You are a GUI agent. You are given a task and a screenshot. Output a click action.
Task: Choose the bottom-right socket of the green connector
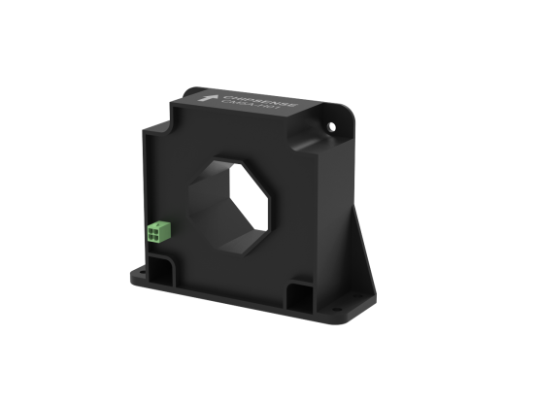[160, 235]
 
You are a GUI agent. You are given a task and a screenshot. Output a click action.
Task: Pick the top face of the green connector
[157, 222]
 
